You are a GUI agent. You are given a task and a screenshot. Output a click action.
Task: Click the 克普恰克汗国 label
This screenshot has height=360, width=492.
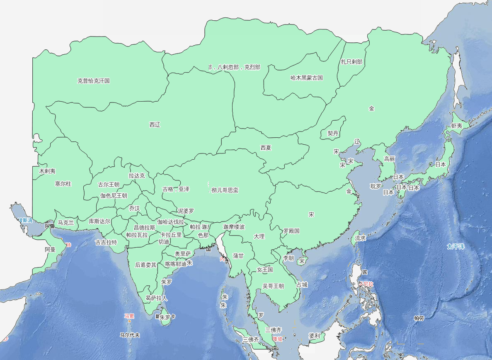pos(94,81)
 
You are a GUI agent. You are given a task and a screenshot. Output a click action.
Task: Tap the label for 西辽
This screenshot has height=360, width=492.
pos(155,124)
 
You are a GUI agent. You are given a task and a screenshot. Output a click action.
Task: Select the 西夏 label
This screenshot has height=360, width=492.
pos(266,148)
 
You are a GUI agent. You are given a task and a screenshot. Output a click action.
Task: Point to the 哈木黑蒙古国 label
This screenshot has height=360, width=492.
pos(307,78)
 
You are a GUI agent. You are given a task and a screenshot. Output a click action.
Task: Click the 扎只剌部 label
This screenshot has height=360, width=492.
pos(351,62)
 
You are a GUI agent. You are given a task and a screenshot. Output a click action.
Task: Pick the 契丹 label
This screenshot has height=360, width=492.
pos(333,134)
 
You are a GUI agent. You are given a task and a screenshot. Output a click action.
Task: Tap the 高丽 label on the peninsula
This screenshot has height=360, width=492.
pos(390,159)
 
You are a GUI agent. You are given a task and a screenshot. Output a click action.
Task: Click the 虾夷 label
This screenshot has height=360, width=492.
pos(456,126)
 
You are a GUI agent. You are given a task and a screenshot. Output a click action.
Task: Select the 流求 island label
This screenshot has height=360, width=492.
pos(361,238)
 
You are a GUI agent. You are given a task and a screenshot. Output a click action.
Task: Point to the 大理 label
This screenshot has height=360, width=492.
pos(259,236)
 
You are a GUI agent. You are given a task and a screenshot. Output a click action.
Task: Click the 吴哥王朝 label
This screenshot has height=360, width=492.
pos(273,286)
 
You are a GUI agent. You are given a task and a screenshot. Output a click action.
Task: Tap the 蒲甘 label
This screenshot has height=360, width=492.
pos(238,256)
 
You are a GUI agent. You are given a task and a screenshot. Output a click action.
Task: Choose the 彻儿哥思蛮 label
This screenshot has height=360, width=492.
pos(225,190)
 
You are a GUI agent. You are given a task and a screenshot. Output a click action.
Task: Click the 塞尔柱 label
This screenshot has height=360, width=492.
pos(63,184)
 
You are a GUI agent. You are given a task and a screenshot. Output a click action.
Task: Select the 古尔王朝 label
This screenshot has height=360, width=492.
pos(109,185)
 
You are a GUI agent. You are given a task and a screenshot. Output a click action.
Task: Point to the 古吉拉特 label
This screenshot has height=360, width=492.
pos(106,242)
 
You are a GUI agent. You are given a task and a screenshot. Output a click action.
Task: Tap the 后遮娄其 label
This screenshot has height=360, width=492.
pos(146,265)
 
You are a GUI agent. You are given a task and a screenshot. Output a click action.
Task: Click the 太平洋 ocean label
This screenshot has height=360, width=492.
pos(455,246)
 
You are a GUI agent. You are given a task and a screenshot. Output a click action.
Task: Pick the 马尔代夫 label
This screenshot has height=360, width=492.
pos(129,335)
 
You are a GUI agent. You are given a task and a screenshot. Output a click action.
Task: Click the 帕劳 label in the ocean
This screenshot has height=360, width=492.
pos(419,319)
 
